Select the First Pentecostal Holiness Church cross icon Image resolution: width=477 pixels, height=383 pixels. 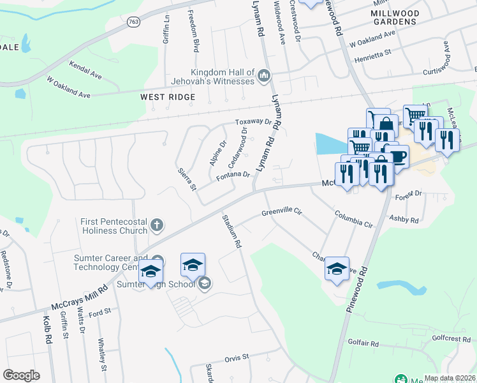tap(157, 225)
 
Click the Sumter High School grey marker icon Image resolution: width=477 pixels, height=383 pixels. tap(204, 283)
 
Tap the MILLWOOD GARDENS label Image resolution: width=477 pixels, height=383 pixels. tap(395, 17)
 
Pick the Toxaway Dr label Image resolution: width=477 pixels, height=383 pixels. tap(253, 121)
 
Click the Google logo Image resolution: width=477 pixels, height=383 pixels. tap(21, 375)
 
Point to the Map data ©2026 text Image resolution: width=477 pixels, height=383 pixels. tap(450, 378)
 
